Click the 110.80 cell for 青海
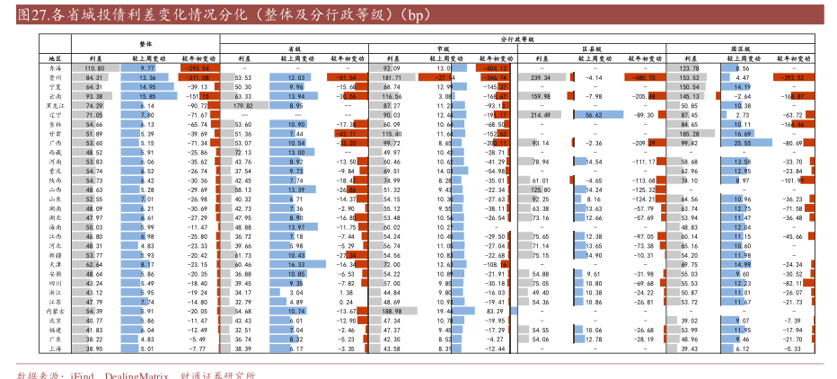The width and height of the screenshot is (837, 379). tap(95, 68)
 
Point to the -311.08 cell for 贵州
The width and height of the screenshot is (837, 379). tap(198, 78)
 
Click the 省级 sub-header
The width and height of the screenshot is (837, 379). tap(294, 49)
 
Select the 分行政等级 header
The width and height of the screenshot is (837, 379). tap(516, 40)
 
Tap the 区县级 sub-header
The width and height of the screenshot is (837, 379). tap(591, 49)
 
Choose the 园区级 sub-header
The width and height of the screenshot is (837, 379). tap(741, 49)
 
